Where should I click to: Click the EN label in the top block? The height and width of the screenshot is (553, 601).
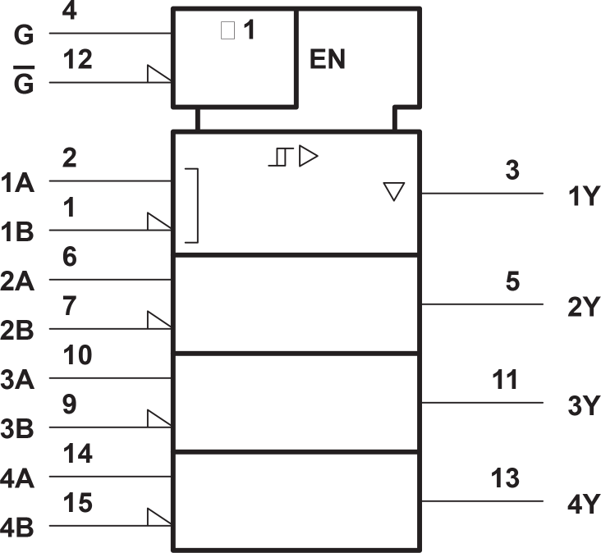click(x=328, y=60)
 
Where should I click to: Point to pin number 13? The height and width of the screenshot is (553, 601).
click(x=505, y=478)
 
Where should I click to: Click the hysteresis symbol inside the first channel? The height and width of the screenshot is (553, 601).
click(x=279, y=157)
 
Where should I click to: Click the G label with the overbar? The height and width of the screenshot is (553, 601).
click(x=25, y=84)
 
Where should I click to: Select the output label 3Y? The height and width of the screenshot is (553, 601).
click(x=585, y=406)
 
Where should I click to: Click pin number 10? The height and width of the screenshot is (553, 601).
click(x=76, y=355)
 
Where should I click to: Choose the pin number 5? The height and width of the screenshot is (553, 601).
click(x=512, y=281)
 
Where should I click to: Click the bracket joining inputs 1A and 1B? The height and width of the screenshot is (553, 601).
click(x=192, y=205)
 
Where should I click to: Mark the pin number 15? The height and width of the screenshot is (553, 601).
click(x=76, y=503)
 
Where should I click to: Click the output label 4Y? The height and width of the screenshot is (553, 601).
click(x=585, y=505)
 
